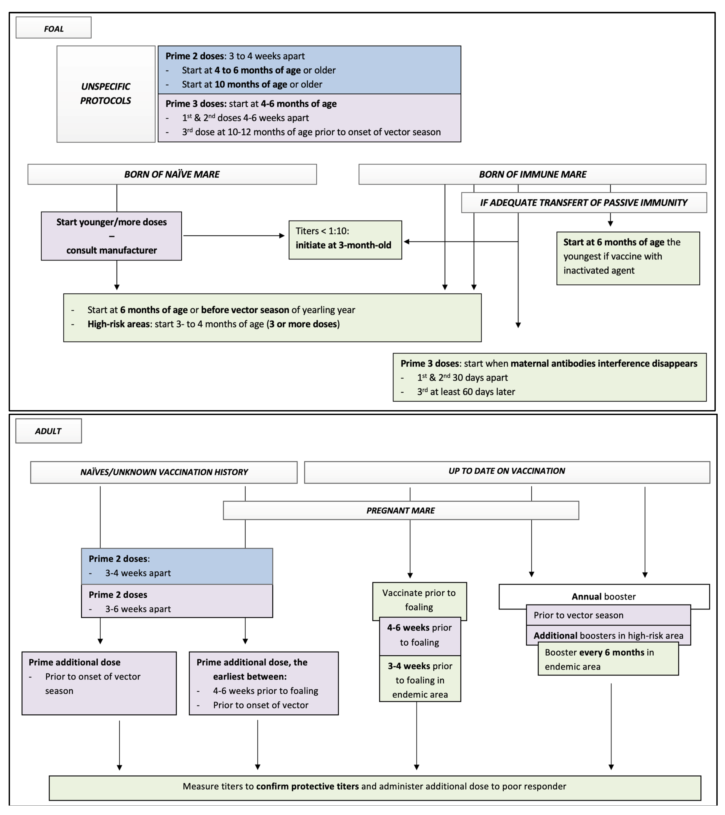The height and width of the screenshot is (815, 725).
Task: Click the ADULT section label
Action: [48, 431]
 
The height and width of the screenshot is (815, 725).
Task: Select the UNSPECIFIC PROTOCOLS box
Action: [106, 94]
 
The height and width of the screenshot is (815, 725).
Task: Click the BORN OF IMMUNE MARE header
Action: [532, 174]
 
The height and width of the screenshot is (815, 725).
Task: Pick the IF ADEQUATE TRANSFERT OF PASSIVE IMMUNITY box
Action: [584, 203]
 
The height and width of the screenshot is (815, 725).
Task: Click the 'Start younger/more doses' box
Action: [111, 236]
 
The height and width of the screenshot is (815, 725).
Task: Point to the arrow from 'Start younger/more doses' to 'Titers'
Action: [234, 236]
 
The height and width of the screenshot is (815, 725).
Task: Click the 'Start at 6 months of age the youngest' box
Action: [628, 258]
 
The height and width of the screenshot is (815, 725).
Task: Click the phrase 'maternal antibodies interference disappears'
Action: [604, 363]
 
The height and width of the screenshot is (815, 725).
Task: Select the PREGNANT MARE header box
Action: [401, 510]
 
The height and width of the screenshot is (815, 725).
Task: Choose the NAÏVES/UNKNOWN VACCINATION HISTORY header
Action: [164, 472]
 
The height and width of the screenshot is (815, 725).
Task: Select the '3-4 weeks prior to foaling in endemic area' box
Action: [420, 680]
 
